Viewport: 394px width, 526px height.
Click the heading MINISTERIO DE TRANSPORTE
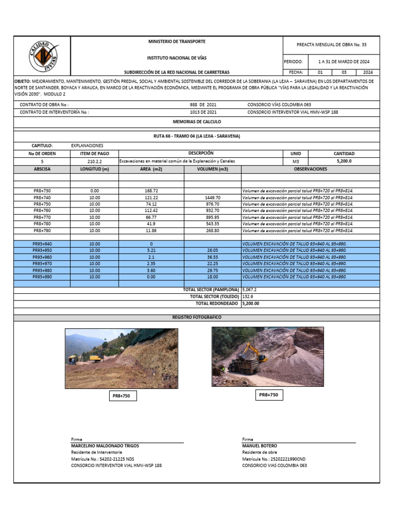pos(176,41)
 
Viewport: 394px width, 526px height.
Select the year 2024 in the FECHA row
pos(368,72)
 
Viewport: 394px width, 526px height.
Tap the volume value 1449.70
pos(212,197)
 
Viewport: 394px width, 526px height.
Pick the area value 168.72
pos(151,191)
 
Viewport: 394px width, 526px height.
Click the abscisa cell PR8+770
pos(42,217)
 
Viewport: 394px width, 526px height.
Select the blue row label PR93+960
pos(42,257)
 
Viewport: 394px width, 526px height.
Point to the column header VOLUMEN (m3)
pos(212,168)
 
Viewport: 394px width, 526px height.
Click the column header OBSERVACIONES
pos(310,168)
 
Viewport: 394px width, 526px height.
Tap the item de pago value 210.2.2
pos(94,161)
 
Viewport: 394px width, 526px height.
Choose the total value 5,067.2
pos(249,290)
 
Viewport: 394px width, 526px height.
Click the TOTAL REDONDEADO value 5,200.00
pos(251,304)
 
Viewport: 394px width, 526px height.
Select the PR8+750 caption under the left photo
pos(122,396)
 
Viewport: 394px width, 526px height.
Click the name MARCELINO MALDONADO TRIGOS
pos(105,446)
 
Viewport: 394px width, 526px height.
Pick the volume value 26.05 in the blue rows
pos(212,250)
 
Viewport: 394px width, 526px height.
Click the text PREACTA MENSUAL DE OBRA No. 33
pos(331,45)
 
